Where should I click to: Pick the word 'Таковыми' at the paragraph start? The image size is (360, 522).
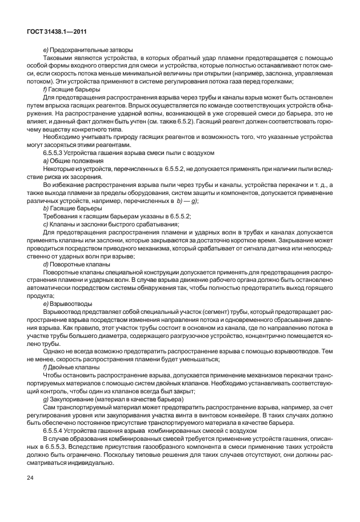click(58, 58)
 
